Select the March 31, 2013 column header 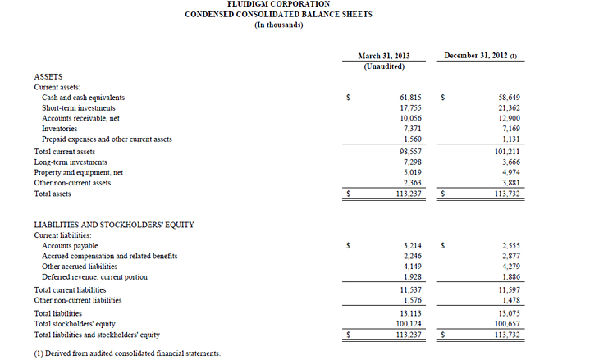pos(384,56)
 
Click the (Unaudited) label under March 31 pos(384,66)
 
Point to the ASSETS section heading pos(48,76)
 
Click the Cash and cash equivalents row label pos(83,98)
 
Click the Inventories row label pos(60,129)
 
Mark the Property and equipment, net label pos(78,173)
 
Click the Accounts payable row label pos(70,246)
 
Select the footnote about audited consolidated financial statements pos(127,353)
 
